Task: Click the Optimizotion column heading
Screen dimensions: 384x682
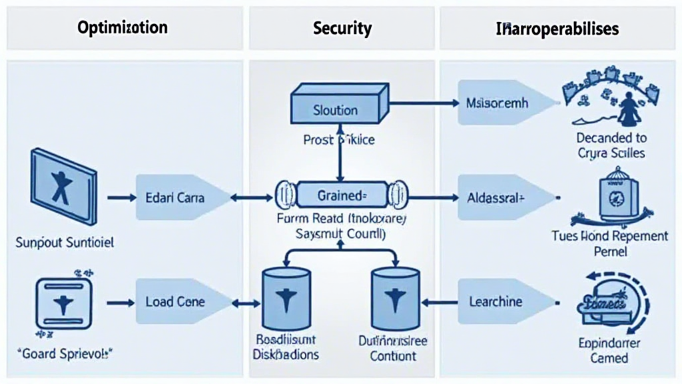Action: pyautogui.click(x=123, y=28)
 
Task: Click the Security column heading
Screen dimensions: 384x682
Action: pyautogui.click(x=342, y=29)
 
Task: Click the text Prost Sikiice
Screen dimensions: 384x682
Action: pyautogui.click(x=339, y=140)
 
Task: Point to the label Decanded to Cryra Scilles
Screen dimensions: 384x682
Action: pyautogui.click(x=611, y=146)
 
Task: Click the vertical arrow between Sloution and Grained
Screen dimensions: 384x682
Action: pyautogui.click(x=340, y=153)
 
